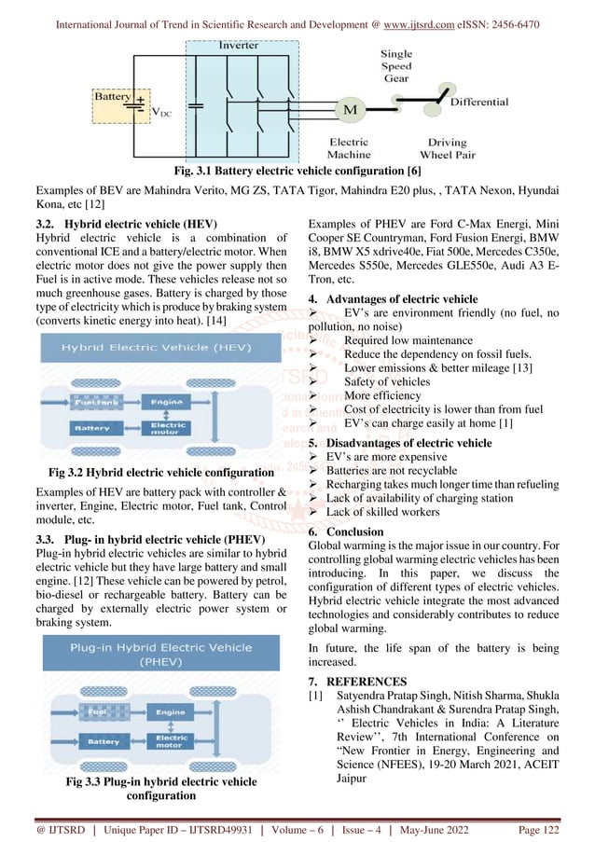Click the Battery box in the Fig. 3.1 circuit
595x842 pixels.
(x=113, y=97)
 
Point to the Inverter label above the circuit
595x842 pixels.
(x=239, y=45)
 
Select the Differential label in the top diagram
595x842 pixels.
(x=479, y=102)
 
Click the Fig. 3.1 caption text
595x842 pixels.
(x=297, y=172)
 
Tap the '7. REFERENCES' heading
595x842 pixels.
(x=356, y=681)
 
